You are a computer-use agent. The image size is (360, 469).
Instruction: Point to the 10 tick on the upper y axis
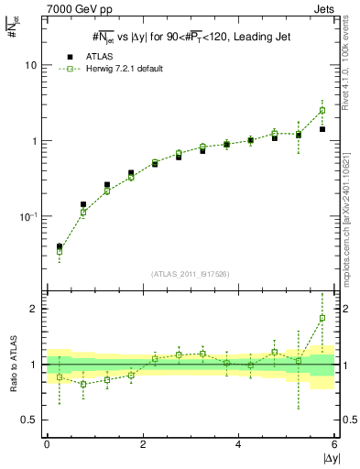[32, 66]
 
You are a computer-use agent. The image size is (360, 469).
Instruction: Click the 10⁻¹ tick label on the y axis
[29, 217]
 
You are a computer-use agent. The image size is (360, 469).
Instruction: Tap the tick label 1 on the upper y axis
[35, 142]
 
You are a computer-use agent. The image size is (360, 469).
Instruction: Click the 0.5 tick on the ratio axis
[29, 420]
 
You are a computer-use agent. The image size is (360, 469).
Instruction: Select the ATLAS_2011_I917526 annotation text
[191, 274]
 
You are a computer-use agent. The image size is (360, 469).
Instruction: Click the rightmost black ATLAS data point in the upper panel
[322, 129]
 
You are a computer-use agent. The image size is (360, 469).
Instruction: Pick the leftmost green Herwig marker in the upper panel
[60, 250]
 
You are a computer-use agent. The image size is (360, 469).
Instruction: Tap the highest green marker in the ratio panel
[322, 319]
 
